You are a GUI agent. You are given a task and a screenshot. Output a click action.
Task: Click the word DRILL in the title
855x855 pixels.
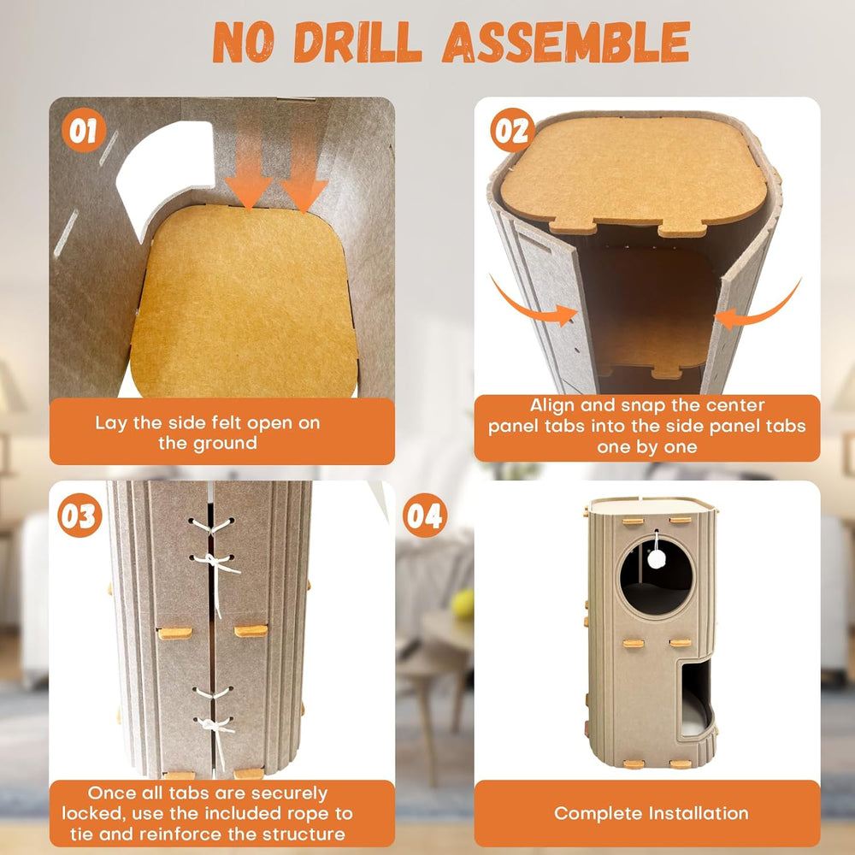click(357, 41)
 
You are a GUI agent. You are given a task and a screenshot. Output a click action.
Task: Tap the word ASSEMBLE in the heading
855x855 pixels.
click(567, 42)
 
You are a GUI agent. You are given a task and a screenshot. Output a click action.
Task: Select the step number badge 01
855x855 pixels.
click(84, 130)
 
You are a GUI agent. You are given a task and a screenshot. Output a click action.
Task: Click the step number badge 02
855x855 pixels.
click(512, 130)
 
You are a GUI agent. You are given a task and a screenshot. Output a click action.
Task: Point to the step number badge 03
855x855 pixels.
click(80, 516)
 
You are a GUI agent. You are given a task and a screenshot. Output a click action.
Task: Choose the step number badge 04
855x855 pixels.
click(425, 516)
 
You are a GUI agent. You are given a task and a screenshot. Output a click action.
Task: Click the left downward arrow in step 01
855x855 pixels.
click(249, 162)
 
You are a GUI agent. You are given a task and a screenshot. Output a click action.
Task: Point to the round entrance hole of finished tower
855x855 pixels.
click(657, 575)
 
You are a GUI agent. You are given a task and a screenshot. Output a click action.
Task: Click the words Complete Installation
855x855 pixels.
click(651, 813)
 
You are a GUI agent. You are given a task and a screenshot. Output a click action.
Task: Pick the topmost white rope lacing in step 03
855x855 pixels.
click(211, 527)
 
